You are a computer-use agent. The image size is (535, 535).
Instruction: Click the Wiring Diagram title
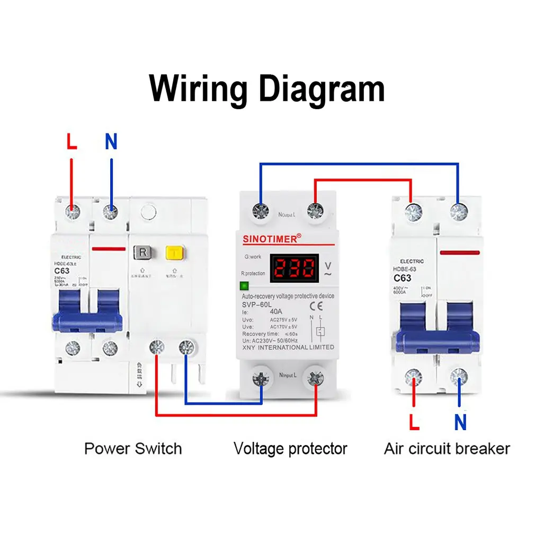(x=267, y=88)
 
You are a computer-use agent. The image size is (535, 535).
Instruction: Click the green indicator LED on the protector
(x=244, y=286)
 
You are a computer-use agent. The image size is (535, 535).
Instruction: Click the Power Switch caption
(x=133, y=449)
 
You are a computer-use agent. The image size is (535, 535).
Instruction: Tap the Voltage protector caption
(x=290, y=449)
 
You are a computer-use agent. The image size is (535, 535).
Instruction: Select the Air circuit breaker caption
(x=447, y=449)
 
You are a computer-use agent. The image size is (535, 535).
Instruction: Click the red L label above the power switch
(x=72, y=141)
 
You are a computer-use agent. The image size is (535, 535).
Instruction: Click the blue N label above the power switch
(x=111, y=141)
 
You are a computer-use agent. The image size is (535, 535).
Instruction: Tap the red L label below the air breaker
(x=414, y=422)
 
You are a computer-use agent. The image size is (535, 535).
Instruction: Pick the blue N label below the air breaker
(x=460, y=422)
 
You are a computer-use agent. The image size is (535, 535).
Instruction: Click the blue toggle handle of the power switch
(x=87, y=319)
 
